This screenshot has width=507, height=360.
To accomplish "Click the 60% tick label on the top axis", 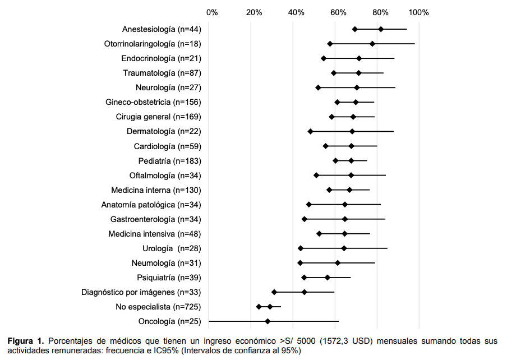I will pyautogui.click(x=338, y=12).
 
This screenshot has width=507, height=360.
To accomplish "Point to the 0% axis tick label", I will pyautogui.click(x=212, y=12).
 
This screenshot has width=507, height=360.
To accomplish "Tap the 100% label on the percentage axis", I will pyautogui.click(x=419, y=12).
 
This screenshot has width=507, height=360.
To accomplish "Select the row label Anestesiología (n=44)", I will pyautogui.click(x=162, y=29).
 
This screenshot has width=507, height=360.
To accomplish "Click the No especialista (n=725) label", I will pyautogui.click(x=159, y=307).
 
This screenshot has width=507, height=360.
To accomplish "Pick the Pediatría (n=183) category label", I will pyautogui.click(x=170, y=161).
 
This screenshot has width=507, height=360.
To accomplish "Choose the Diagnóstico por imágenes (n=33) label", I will pyautogui.click(x=141, y=292).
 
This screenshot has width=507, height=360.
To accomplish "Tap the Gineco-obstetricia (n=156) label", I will pyautogui.click(x=153, y=102).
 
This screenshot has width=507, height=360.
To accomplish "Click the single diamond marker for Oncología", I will pyautogui.click(x=268, y=321).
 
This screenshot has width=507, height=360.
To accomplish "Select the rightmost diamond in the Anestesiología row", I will pyautogui.click(x=381, y=29).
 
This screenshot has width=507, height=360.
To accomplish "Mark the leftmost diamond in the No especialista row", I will pyautogui.click(x=259, y=307).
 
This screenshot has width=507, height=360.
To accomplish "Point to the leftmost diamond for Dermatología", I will pyautogui.click(x=310, y=131).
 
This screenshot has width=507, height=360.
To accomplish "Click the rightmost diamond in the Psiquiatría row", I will pyautogui.click(x=328, y=278).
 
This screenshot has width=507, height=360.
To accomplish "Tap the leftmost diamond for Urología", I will pyautogui.click(x=301, y=248).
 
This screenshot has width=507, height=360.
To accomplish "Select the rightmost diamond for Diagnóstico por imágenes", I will pyautogui.click(x=305, y=292).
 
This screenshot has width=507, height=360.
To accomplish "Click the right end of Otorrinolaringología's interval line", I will pyautogui.click(x=414, y=43).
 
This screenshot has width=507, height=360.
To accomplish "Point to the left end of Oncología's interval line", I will pyautogui.click(x=209, y=321).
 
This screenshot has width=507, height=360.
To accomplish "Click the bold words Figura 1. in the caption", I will pyautogui.click(x=26, y=341).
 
